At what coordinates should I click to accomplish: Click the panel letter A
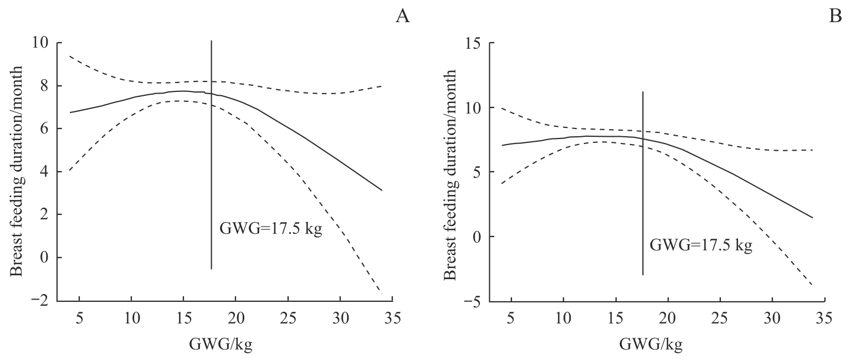tap(402, 17)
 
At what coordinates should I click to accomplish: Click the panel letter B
tap(835, 17)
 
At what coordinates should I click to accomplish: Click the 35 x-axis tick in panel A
tap(392, 318)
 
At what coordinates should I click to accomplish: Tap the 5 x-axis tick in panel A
tap(79, 318)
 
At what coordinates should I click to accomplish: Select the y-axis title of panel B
tap(449, 173)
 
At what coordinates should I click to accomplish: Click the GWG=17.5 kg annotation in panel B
tap(701, 244)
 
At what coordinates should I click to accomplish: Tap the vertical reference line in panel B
tap(643, 183)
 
